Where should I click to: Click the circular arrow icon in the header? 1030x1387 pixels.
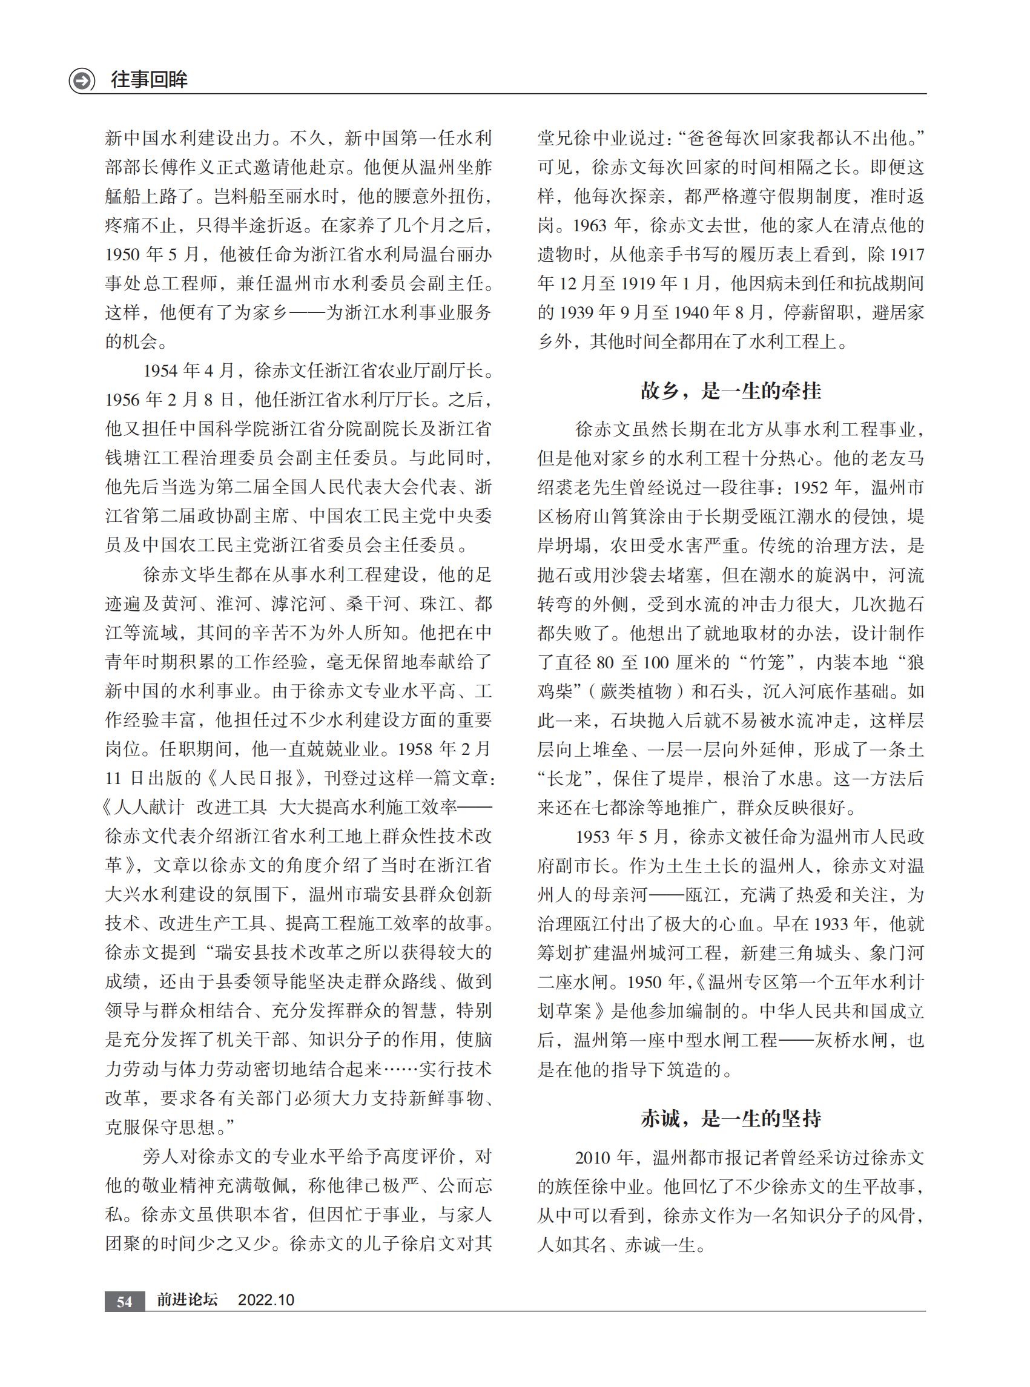click(82, 81)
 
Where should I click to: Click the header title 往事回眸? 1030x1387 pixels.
click(149, 80)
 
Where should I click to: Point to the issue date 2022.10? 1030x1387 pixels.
click(266, 1300)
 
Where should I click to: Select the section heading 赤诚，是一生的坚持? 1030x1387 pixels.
click(731, 1119)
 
